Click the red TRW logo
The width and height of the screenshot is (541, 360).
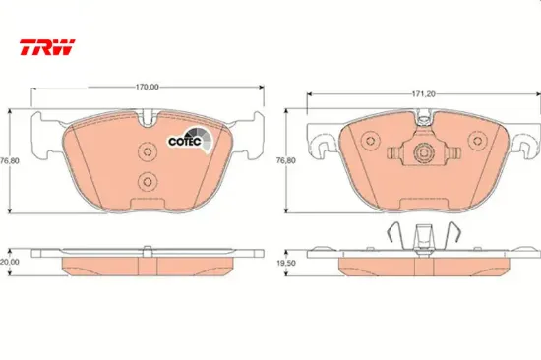pos(47,47)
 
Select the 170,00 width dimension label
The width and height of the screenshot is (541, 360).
pos(147,87)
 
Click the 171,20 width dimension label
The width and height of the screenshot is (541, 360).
pos(424,94)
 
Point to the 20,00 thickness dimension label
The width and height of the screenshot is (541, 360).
pos(9,262)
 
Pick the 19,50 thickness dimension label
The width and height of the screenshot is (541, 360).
pos(286,263)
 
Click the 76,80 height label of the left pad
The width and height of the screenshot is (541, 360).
pos(10,161)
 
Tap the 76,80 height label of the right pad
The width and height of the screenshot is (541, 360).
pos(286,160)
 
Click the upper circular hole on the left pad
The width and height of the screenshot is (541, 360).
pos(148,151)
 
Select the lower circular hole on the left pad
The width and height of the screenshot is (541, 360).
pos(148,181)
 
